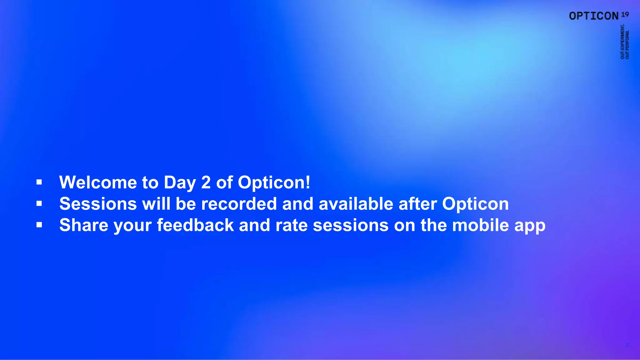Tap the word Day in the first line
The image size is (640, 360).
coord(179,183)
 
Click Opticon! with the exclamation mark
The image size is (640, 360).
coord(274,183)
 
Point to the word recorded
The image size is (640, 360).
coord(239,204)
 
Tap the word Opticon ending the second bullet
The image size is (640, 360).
coord(475,204)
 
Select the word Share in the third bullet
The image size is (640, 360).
coord(84,225)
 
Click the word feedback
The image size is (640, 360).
coord(195,225)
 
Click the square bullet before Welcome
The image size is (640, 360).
coord(39,182)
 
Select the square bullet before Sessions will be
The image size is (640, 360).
coord(39,204)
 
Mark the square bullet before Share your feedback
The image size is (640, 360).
coord(39,225)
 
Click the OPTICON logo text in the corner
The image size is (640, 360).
coord(594,16)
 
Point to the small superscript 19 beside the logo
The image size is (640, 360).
coord(625,14)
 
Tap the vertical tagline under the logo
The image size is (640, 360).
coord(625,42)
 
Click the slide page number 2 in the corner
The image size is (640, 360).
coord(627,345)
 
